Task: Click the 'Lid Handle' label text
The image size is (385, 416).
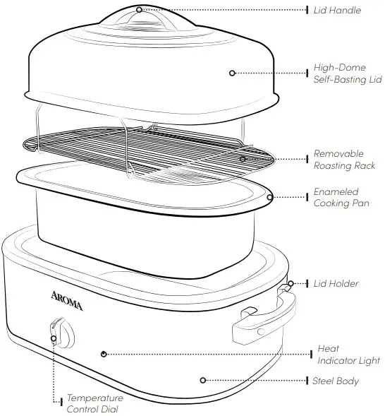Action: [x=337, y=11]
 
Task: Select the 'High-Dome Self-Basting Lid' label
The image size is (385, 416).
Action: [x=342, y=74]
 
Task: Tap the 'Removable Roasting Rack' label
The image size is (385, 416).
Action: [x=338, y=160]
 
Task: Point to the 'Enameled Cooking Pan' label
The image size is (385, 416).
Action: [x=336, y=198]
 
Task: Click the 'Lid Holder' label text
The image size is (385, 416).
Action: [x=336, y=284]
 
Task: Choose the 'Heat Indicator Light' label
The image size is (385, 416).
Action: [x=348, y=355]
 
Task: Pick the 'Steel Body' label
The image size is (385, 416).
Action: [x=336, y=381]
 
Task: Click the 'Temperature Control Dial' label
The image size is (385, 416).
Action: [x=94, y=403]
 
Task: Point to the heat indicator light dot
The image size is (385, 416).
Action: [x=104, y=353]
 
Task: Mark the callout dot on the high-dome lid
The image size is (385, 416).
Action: [x=232, y=73]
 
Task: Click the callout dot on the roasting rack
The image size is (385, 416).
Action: [x=243, y=159]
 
